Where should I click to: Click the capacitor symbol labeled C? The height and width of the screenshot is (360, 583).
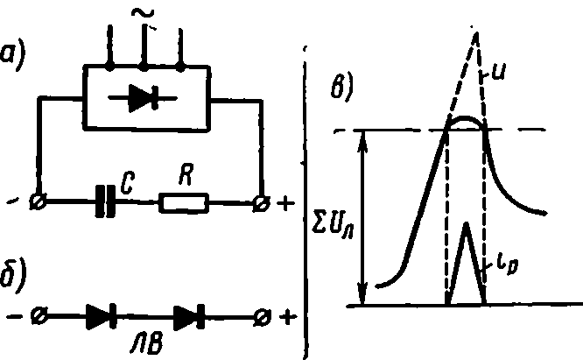[x=106, y=201]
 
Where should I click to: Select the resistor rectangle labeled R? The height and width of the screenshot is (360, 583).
[x=184, y=203]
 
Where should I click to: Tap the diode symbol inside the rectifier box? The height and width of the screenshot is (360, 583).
[x=144, y=98]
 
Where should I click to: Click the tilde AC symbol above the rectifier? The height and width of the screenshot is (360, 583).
[x=143, y=14]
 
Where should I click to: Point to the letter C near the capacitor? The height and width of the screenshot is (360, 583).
[x=128, y=183]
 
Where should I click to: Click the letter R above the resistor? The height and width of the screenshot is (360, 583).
[x=186, y=174]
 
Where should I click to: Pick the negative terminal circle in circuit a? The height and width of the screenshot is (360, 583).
[x=38, y=202]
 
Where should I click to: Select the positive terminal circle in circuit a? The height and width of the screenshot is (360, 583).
[x=262, y=203]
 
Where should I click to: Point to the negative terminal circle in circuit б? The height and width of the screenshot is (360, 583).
[x=39, y=316]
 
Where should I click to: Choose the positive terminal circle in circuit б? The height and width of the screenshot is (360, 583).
[x=262, y=317]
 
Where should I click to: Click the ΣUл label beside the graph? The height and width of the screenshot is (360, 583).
[x=333, y=226]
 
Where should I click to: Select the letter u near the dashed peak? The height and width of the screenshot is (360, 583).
[x=498, y=72]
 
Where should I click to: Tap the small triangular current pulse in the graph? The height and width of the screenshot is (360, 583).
[x=466, y=264]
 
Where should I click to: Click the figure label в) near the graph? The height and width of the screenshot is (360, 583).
[x=341, y=87]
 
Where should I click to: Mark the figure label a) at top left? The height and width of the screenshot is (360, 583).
[x=12, y=56]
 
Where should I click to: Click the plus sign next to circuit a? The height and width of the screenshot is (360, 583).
[x=285, y=203]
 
